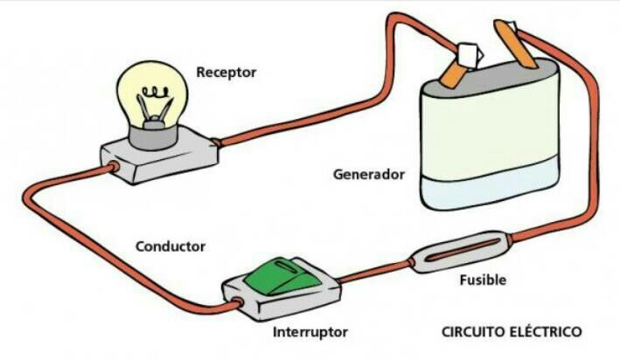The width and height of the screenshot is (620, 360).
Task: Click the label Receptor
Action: [x=226, y=73]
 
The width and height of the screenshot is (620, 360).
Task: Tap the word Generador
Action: [x=369, y=174]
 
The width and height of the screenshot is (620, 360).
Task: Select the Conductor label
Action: [x=171, y=246]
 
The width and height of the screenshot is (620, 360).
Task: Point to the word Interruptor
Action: [x=310, y=332]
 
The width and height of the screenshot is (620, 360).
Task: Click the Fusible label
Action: [x=483, y=280]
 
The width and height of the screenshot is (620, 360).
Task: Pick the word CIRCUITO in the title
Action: [x=473, y=332]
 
